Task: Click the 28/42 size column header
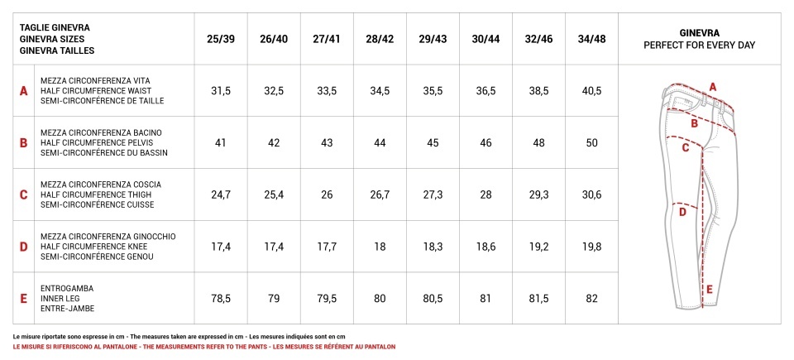tap(380, 39)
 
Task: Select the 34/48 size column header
tap(591, 39)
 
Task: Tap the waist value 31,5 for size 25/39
tap(221, 91)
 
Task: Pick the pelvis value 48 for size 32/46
tap(538, 143)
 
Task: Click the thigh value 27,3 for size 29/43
tap(433, 194)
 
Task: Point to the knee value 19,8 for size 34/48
tap(591, 247)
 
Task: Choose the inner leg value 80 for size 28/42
tap(380, 299)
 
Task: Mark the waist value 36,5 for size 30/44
tap(485, 91)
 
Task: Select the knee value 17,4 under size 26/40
tap(274, 247)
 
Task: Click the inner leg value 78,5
tap(221, 299)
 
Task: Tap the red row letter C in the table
tap(23, 195)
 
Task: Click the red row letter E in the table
tap(23, 299)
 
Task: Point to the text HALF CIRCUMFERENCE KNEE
tap(89, 247)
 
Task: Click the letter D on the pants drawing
tap(682, 213)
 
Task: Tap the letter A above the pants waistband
tap(712, 87)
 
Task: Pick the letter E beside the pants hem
tap(710, 290)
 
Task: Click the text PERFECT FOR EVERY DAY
tap(700, 46)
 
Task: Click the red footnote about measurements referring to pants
tap(204, 347)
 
